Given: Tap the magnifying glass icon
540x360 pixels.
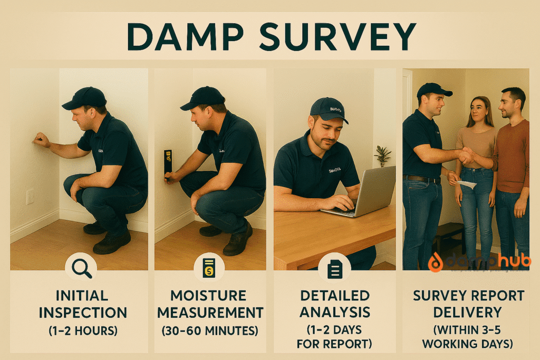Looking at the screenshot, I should tap(81, 269).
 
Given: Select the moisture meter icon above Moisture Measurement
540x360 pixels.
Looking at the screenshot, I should tap(209, 269).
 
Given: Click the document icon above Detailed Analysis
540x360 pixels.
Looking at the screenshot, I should tap(334, 269).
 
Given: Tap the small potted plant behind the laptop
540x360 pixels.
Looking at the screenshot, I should tap(383, 155).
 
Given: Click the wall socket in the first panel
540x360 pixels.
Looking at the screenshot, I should tap(30, 197).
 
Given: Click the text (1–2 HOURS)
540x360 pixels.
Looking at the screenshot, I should tap(82, 331).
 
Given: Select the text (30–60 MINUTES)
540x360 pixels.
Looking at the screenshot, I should tap(210, 331).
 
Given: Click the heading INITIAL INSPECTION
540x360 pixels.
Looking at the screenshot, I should tap(82, 304).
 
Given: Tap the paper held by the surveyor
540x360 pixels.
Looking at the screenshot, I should tap(466, 184).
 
